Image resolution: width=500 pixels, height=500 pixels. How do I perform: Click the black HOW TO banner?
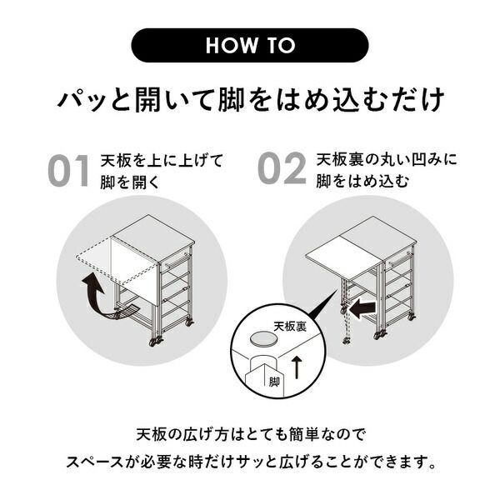(249, 44)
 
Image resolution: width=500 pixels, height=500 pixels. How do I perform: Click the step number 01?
(68, 169)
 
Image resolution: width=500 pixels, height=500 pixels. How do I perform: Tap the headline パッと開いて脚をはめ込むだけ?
(249, 102)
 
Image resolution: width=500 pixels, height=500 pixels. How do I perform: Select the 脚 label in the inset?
(275, 382)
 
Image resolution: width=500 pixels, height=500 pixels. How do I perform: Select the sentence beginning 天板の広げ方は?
(249, 435)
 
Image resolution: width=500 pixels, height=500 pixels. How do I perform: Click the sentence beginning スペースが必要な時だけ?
(249, 460)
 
